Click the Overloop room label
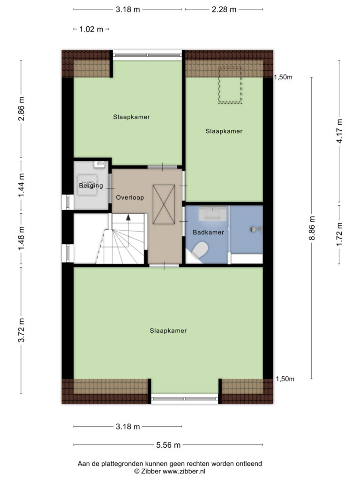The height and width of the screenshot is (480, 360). pos(130,197)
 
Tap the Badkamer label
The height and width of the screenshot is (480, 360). pos(208,232)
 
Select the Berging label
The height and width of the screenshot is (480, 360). pos(91,186)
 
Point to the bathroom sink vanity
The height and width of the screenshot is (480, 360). pos(213,213)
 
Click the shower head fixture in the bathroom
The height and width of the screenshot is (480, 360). pos(256,229)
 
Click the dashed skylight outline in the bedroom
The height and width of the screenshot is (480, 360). pos(230,84)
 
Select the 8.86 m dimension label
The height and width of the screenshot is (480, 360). pos(312,228)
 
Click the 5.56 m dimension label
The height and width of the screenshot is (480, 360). pos(168,445)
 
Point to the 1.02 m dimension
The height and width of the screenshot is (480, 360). pos(91,30)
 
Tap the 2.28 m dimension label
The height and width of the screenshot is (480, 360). pos(224,9)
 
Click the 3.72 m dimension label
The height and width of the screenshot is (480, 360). pos(21,330)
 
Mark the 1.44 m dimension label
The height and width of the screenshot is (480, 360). pos(21,186)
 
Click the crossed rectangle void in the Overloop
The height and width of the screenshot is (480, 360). pos(164,204)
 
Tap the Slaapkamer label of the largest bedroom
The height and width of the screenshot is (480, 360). pos(168,330)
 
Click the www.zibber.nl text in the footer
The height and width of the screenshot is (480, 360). pos(184,472)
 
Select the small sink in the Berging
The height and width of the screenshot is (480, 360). pos(99,164)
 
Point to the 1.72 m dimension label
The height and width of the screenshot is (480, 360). pos(339,234)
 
